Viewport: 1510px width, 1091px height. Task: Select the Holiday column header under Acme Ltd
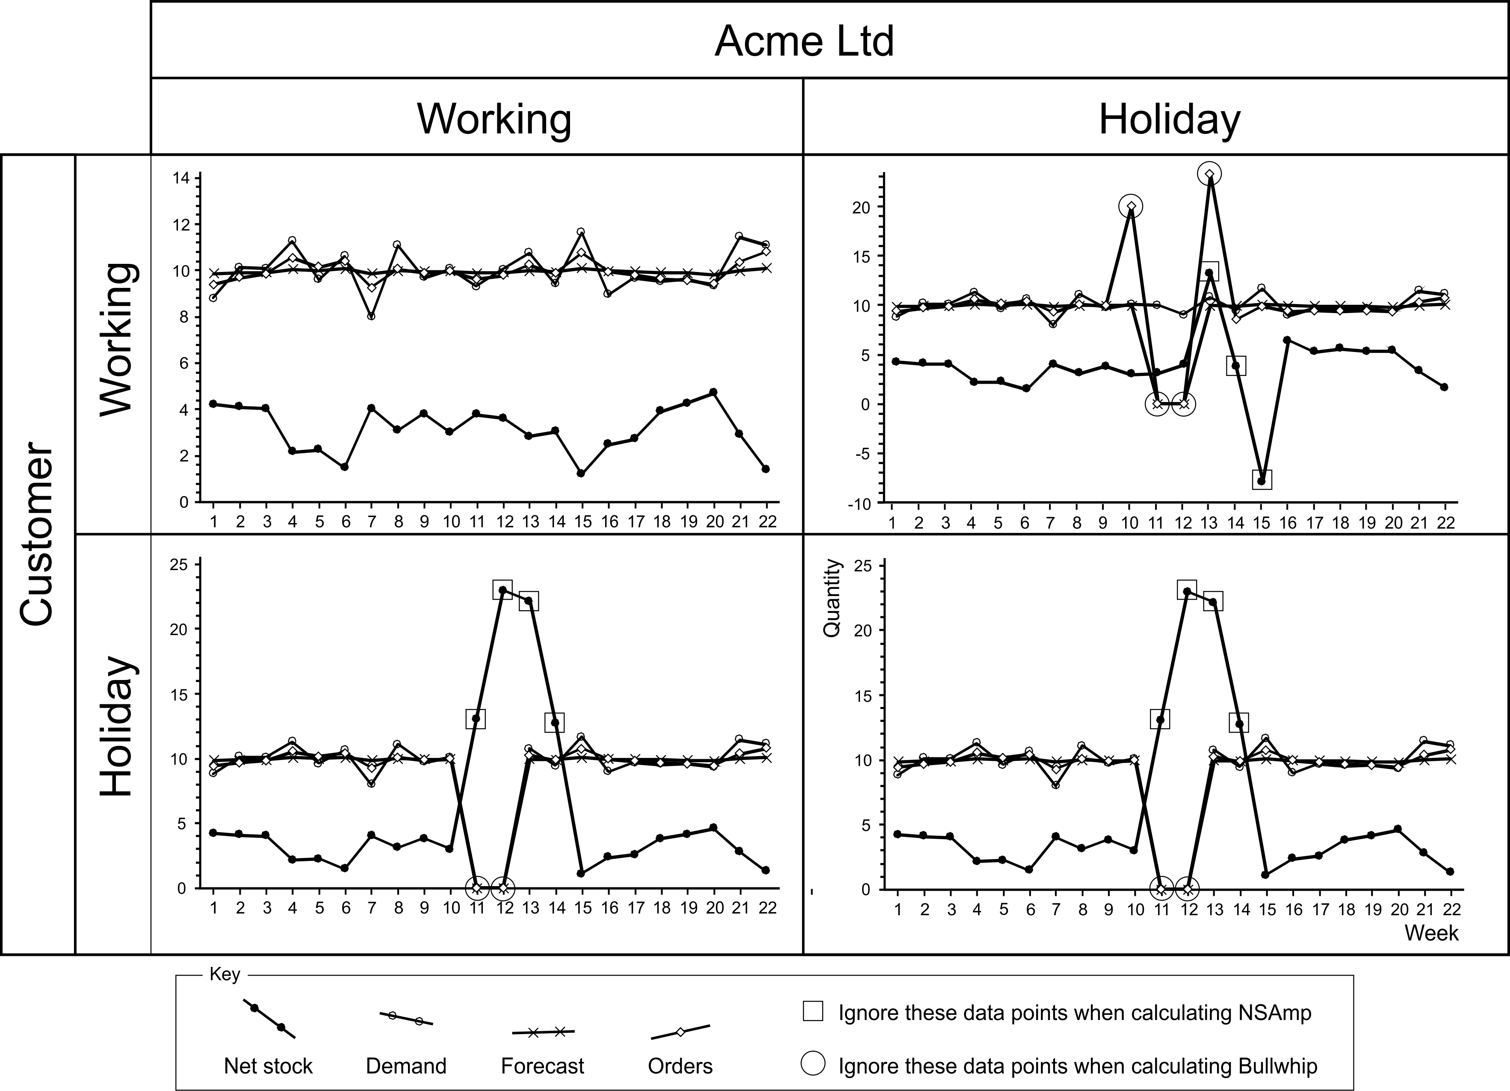click(x=1169, y=120)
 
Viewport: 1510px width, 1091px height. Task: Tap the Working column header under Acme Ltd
click(x=494, y=120)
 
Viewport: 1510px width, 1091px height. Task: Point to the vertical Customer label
click(x=37, y=536)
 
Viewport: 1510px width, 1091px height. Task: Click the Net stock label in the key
click(x=268, y=1066)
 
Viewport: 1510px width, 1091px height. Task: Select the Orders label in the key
click(x=680, y=1066)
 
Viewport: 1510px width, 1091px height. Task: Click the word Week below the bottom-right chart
click(x=1431, y=933)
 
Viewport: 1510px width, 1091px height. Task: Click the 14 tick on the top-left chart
click(x=180, y=178)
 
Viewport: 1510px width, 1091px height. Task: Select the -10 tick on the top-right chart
click(x=858, y=504)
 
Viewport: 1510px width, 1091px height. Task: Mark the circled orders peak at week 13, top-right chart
click(x=1209, y=174)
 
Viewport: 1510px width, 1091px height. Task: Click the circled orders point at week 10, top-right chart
click(x=1131, y=206)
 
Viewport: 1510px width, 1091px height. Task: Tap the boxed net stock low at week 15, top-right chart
click(x=1261, y=480)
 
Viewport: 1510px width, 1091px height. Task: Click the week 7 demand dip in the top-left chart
click(x=371, y=316)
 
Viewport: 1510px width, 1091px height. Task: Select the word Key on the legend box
click(x=225, y=975)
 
